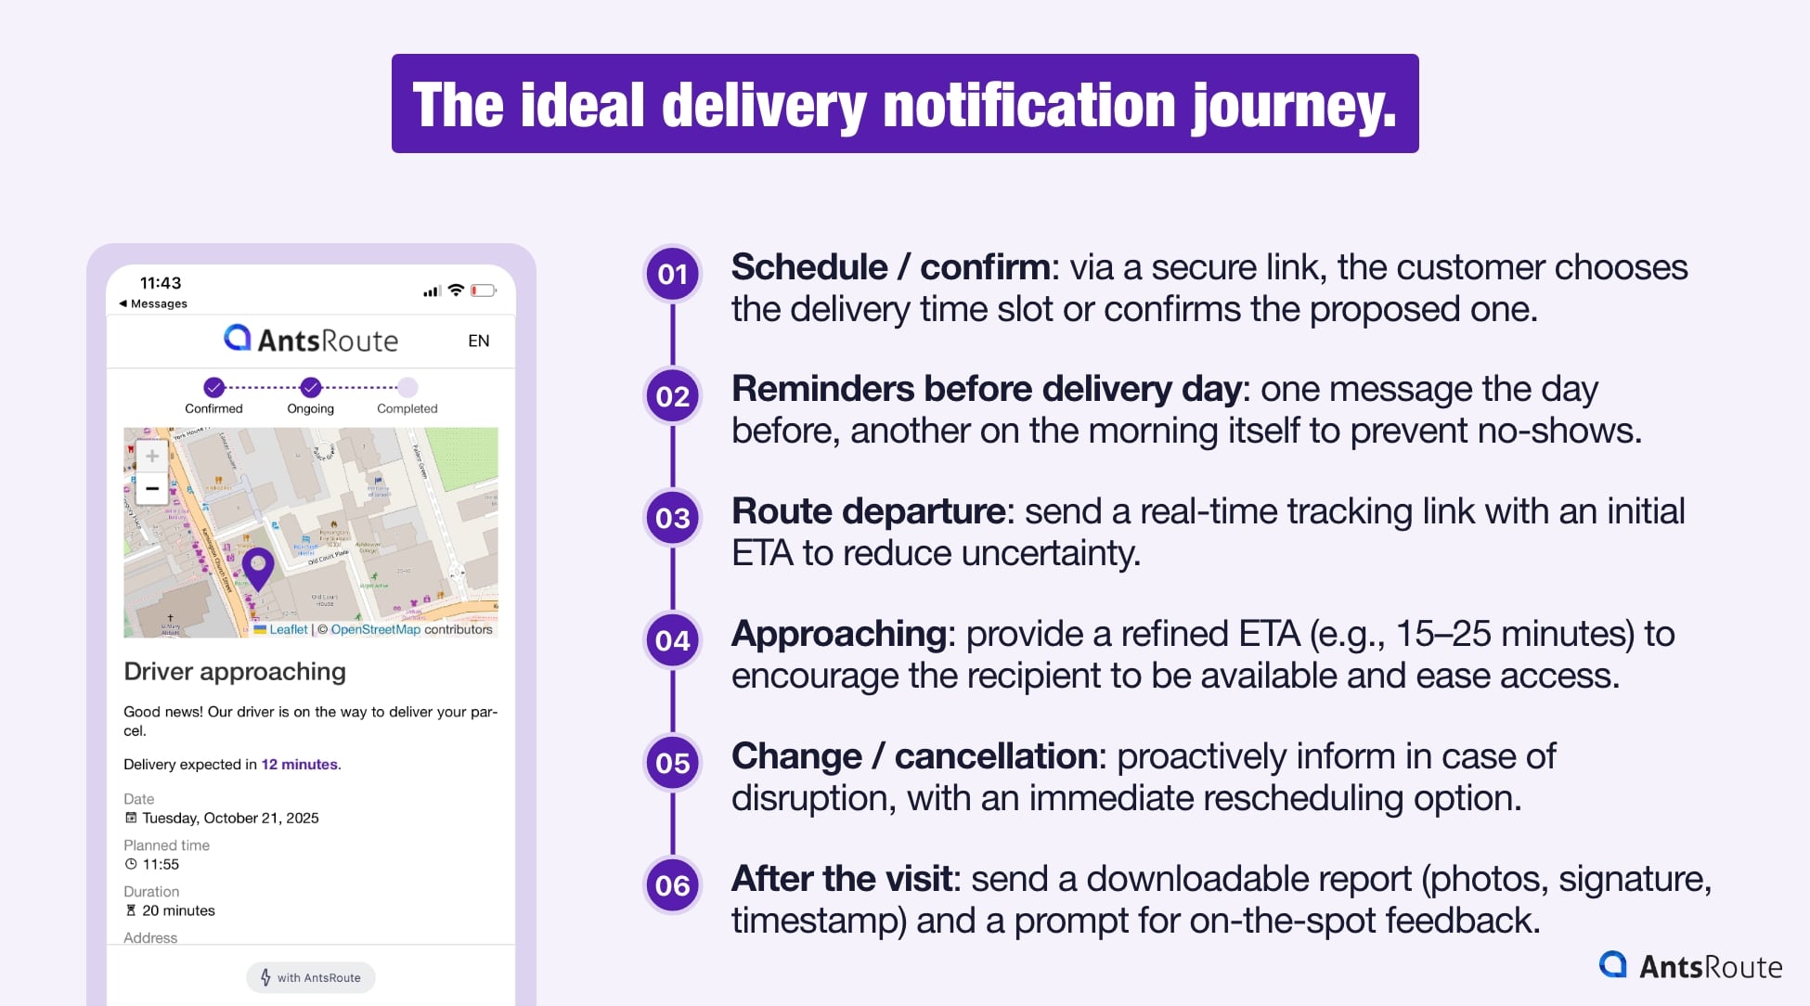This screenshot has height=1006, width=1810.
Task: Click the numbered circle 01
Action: click(x=672, y=275)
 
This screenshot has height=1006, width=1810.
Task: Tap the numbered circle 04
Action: click(x=672, y=640)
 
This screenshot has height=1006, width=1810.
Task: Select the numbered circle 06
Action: click(x=672, y=885)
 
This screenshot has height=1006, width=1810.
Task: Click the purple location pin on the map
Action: click(x=258, y=566)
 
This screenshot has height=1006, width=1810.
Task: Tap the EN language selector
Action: click(x=479, y=341)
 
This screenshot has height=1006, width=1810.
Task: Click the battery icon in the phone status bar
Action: click(x=483, y=290)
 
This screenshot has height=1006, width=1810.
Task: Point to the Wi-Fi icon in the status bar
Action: click(x=456, y=290)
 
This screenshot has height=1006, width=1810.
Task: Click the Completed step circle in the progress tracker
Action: click(x=407, y=387)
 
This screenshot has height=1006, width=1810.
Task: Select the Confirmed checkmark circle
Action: click(x=214, y=387)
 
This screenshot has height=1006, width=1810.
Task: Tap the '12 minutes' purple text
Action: click(x=299, y=765)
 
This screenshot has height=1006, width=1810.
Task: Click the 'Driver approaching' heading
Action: click(x=235, y=671)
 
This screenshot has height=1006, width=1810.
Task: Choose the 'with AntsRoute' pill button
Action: click(x=311, y=977)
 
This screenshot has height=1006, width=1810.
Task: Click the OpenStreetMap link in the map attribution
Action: click(x=375, y=629)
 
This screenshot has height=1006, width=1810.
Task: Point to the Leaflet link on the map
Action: click(x=288, y=629)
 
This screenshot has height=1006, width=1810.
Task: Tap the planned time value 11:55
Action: click(x=161, y=864)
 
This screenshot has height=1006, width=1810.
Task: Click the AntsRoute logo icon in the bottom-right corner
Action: click(x=1613, y=965)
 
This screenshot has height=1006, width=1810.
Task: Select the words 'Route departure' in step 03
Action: click(x=868, y=511)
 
